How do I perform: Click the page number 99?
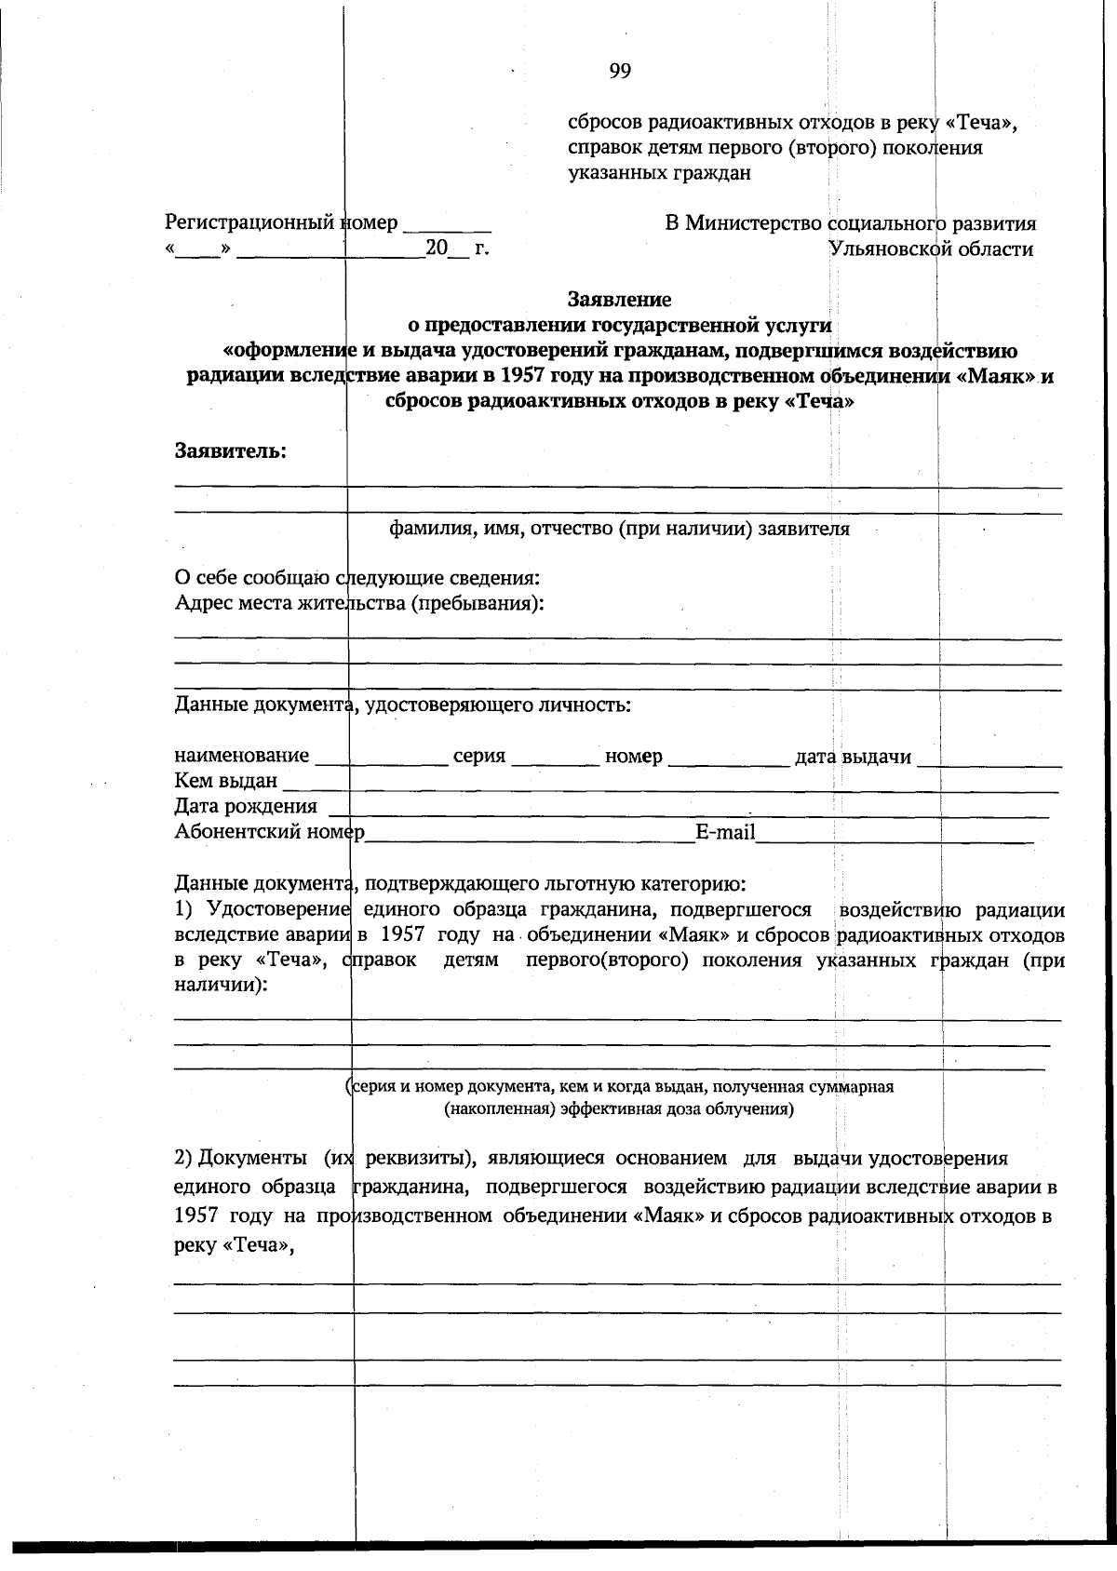[x=621, y=72]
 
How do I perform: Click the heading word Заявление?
[x=619, y=300]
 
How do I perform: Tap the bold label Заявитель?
[x=231, y=451]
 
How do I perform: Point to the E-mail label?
[x=725, y=832]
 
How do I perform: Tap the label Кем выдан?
[x=226, y=782]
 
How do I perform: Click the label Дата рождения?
[x=246, y=807]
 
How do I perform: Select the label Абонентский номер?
[x=269, y=832]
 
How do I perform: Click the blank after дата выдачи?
[x=989, y=758]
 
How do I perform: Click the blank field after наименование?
[x=382, y=758]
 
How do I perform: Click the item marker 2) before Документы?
[x=183, y=1159]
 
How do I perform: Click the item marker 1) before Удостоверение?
[x=183, y=909]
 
